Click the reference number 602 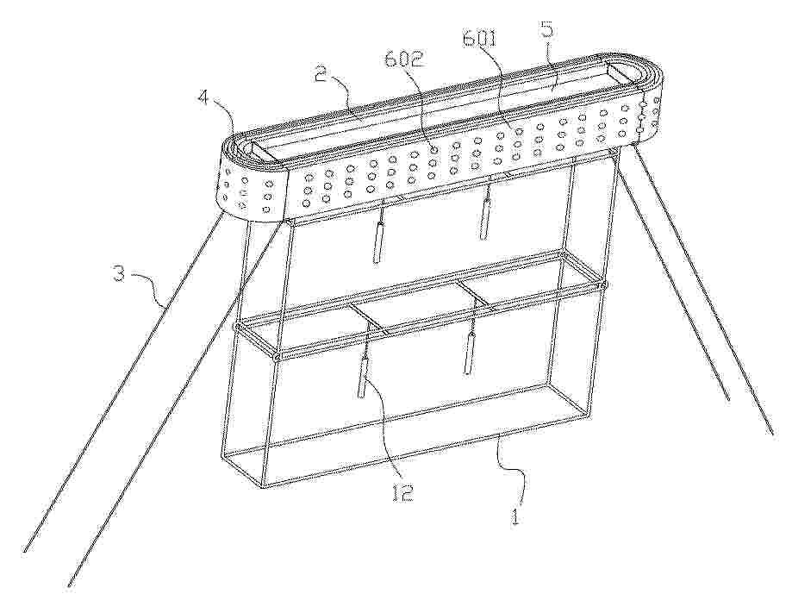[403, 59]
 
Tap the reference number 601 [480, 39]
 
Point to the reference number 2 [321, 74]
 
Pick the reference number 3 [119, 275]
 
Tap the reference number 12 [403, 492]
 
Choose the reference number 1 [514, 516]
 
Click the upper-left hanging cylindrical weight [377, 242]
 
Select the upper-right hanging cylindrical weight [486, 219]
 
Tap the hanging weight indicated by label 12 [363, 376]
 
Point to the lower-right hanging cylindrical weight [470, 353]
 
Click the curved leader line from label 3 [147, 288]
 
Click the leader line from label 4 [225, 120]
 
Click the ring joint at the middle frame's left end [236, 328]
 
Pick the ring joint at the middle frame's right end [602, 285]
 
